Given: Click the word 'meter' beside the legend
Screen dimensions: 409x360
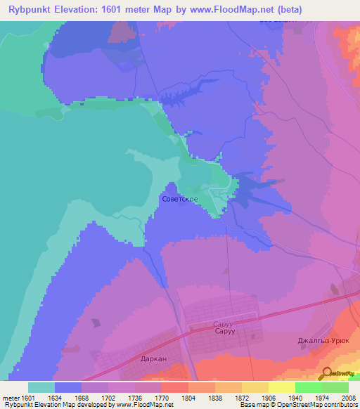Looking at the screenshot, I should [x=11, y=397].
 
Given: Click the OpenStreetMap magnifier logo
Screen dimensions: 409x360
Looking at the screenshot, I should [x=326, y=373].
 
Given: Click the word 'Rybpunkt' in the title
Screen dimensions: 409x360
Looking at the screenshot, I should [x=30, y=9].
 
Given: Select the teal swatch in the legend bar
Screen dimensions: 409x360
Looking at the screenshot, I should [x=41, y=387].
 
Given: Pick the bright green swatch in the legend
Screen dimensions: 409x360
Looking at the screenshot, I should [x=309, y=387].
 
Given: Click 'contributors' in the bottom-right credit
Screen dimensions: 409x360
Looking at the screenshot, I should [x=338, y=405].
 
